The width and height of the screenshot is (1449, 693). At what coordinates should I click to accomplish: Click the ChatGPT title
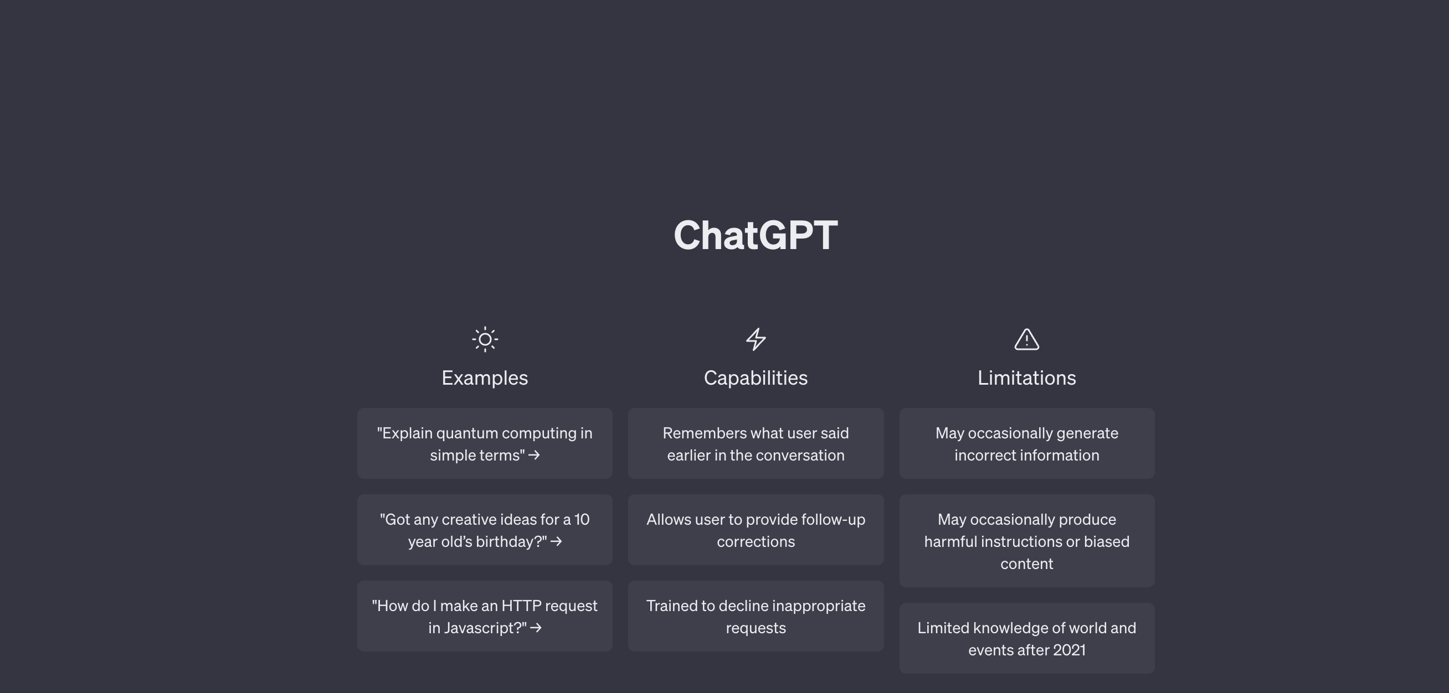point(756,235)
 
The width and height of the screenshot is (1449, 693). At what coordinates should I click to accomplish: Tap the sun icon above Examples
point(485,339)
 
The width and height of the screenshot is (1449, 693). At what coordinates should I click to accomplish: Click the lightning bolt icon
point(756,339)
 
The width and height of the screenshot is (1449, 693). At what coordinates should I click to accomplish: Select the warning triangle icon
point(1026,339)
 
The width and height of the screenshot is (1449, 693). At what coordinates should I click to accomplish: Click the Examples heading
point(485,377)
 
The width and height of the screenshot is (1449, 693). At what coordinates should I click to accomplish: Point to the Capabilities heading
point(756,377)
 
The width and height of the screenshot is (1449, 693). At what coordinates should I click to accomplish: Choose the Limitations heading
point(1026,377)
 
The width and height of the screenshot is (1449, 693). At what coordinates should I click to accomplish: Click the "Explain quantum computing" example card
point(485,443)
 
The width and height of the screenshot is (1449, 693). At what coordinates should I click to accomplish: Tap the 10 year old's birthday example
point(485,530)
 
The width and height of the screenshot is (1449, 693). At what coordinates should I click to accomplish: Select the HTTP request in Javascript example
point(485,616)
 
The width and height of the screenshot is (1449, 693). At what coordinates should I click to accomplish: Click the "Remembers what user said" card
point(756,443)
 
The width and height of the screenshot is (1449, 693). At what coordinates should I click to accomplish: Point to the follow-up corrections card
point(756,530)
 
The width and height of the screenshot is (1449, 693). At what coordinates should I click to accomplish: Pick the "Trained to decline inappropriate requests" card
point(756,616)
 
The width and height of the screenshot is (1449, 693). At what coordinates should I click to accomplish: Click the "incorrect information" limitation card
point(1026,443)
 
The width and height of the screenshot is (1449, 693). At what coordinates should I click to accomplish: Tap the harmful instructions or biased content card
point(1026,541)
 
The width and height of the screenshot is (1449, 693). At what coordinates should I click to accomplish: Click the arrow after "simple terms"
point(535,455)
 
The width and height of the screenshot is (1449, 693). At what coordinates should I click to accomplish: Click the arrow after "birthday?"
point(556,542)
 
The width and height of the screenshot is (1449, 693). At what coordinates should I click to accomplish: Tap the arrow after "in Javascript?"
point(536,628)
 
